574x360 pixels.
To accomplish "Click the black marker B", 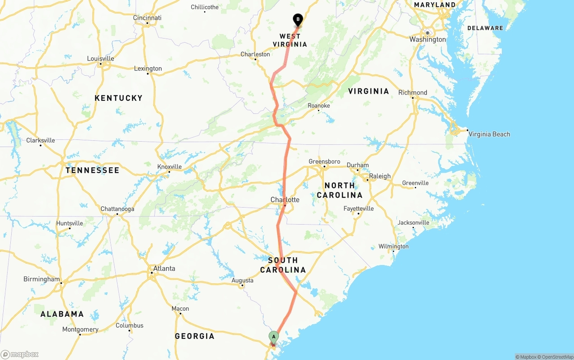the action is (298, 20).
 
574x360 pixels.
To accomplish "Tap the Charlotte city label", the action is (285, 200).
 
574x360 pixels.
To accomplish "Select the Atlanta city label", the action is (164, 269).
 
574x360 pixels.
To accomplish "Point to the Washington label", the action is (428, 39).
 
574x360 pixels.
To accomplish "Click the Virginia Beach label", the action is (489, 134).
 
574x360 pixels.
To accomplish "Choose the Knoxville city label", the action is (170, 167).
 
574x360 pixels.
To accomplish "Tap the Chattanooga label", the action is (117, 209).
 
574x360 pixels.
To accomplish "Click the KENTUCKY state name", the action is (118, 98).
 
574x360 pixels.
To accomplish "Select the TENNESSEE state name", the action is (92, 170).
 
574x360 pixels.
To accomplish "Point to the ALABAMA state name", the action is (62, 314).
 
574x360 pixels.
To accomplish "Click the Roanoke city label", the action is (319, 106).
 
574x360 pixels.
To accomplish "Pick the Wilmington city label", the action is (393, 247).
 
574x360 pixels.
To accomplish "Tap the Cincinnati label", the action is (147, 18).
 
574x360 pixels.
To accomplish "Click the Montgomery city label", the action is (80, 330).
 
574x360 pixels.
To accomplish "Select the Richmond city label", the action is (413, 93).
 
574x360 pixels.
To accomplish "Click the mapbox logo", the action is (20, 354).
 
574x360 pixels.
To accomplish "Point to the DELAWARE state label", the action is (485, 28).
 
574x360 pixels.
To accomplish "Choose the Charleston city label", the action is (255, 54).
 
